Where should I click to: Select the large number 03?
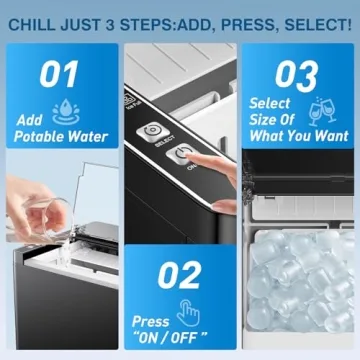296,75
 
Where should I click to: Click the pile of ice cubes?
300,295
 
